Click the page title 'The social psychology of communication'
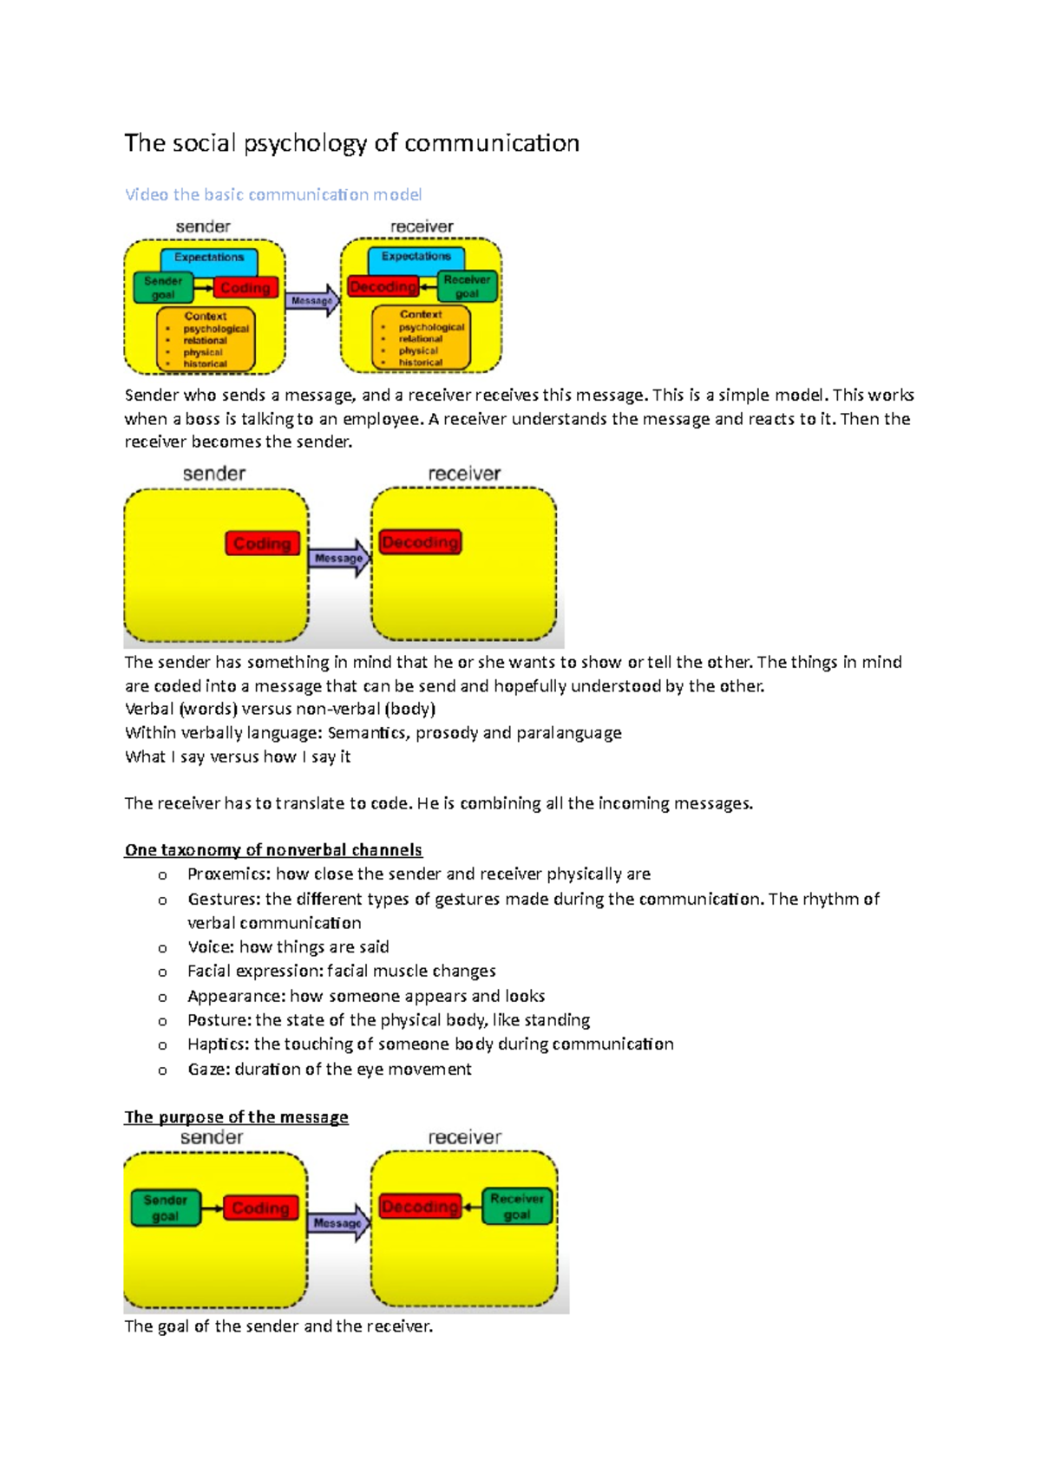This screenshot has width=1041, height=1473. (351, 143)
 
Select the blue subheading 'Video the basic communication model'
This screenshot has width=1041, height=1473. (273, 194)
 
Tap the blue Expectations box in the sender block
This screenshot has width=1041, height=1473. (209, 259)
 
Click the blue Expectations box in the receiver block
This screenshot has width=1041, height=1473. (416, 258)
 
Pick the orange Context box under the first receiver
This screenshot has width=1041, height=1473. (422, 338)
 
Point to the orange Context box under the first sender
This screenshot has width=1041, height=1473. (206, 340)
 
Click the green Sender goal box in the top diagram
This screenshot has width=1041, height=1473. (163, 288)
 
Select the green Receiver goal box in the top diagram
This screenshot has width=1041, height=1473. (467, 287)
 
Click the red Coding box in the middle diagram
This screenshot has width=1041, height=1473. (262, 544)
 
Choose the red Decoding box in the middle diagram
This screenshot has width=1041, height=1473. (420, 542)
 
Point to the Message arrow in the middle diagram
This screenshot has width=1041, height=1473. (339, 558)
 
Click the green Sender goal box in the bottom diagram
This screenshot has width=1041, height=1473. (165, 1208)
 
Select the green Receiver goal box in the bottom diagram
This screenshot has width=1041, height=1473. (517, 1206)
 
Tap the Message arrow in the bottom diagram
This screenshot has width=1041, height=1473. (338, 1223)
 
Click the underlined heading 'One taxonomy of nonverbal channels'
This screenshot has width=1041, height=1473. (273, 850)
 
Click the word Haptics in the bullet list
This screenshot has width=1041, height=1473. (217, 1044)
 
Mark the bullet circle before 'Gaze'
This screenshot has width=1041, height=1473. (162, 1070)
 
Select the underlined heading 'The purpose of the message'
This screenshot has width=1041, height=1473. (236, 1117)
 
